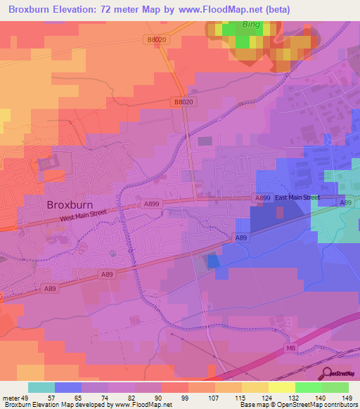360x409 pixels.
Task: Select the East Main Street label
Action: (x=297, y=198)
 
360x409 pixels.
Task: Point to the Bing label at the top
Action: (x=250, y=25)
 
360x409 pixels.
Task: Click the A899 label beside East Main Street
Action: (x=263, y=199)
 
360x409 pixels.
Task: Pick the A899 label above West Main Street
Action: (x=151, y=203)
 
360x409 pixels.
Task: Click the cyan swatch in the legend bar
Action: (x=41, y=387)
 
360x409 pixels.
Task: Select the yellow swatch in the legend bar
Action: (x=281, y=387)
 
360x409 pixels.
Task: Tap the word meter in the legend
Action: (x=9, y=398)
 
